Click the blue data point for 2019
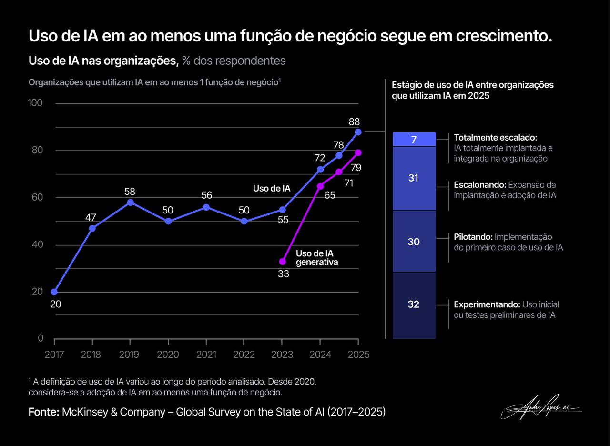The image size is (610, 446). pyautogui.click(x=130, y=203)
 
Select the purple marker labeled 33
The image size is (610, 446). pyautogui.click(x=282, y=262)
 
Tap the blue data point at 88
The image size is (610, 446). pyautogui.click(x=358, y=132)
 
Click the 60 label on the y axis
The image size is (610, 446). pyautogui.click(x=38, y=197)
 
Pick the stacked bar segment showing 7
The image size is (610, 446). pyautogui.click(x=414, y=139)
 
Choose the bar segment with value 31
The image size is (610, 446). pyautogui.click(x=414, y=178)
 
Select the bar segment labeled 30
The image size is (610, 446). pyautogui.click(x=414, y=242)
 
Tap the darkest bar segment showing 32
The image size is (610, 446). pyautogui.click(x=414, y=304)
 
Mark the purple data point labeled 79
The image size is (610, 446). pyautogui.click(x=358, y=152)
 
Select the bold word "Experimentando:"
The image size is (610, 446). pyautogui.click(x=487, y=304)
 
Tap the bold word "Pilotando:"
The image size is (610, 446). pyautogui.click(x=473, y=237)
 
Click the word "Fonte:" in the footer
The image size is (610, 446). pyautogui.click(x=44, y=412)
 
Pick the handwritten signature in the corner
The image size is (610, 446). pyautogui.click(x=541, y=408)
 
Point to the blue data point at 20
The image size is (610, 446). pyautogui.click(x=54, y=292)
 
